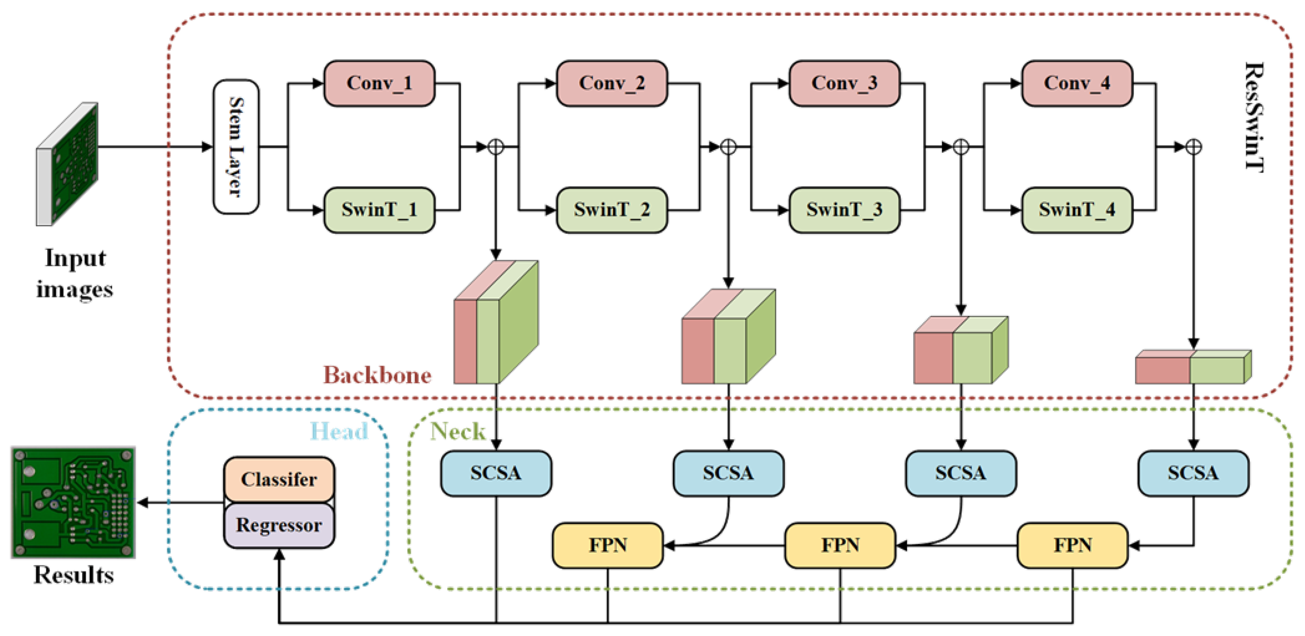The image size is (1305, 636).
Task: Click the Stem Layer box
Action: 236,147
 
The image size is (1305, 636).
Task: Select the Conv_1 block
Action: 379,84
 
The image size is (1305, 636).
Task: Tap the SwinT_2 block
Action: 612,210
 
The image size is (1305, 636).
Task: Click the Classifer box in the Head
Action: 279,479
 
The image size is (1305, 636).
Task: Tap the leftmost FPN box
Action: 607,545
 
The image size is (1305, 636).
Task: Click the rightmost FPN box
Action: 1072,545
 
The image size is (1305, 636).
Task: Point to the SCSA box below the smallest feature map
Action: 1193,473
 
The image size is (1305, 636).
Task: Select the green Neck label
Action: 458,432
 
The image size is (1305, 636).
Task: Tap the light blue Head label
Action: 339,432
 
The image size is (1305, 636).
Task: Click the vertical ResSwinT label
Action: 1254,117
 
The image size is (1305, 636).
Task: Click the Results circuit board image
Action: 74,502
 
